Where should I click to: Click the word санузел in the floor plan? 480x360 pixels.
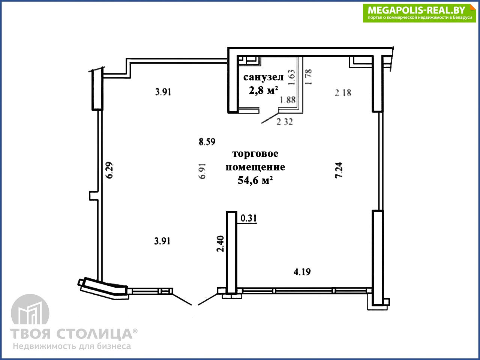tap(263, 77)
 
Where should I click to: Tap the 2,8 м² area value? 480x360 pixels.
tap(263, 90)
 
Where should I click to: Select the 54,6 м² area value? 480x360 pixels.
tap(255, 180)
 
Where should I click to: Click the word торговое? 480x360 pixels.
tap(255, 154)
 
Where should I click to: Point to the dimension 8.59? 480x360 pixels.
tap(207, 142)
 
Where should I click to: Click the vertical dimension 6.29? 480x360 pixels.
tap(109, 170)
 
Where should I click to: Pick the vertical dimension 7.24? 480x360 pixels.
tap(339, 170)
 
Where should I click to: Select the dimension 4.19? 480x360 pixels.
tap(302, 272)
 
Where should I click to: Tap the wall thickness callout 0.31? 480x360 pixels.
tap(249, 218)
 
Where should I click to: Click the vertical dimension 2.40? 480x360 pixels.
tap(220, 244)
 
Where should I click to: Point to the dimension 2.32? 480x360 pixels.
tap(285, 122)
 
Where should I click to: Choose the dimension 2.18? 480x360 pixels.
tap(343, 93)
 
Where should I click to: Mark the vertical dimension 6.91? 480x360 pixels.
tap(202, 171)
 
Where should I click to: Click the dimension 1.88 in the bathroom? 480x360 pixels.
tap(288, 100)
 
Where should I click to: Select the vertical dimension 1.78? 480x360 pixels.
tap(308, 77)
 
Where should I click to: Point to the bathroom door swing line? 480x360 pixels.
tap(270, 118)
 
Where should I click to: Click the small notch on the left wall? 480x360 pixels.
tap(93, 196)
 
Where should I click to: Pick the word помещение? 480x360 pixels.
tap(255, 167)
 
